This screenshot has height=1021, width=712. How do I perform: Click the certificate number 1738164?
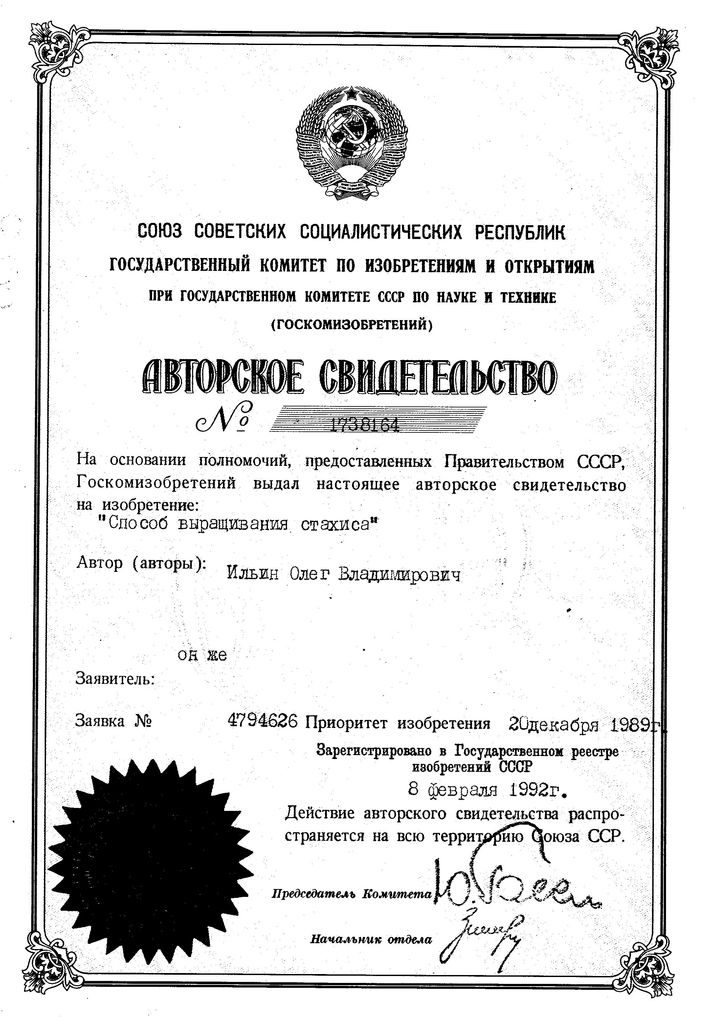(x=364, y=426)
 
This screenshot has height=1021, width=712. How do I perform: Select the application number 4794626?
(x=262, y=721)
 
